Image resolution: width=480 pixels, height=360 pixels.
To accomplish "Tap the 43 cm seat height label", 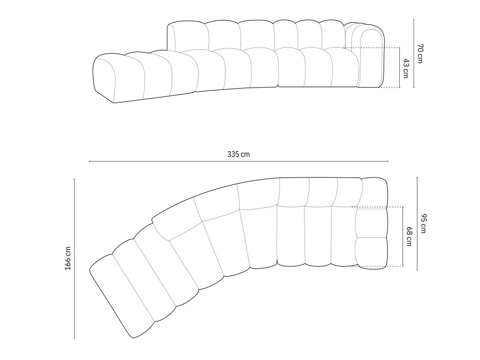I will pyautogui.click(x=405, y=68).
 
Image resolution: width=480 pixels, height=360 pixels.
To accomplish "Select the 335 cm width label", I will pyautogui.click(x=238, y=154).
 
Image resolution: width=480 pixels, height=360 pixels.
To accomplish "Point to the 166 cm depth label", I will pyautogui.click(x=68, y=258).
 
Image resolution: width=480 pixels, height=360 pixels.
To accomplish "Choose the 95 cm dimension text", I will pyautogui.click(x=423, y=223).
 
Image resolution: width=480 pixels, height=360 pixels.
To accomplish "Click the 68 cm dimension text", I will pyautogui.click(x=409, y=236).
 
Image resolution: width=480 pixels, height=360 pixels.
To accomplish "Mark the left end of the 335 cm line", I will pyautogui.click(x=90, y=161).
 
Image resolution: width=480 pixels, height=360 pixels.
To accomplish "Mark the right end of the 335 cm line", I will pyautogui.click(x=388, y=161).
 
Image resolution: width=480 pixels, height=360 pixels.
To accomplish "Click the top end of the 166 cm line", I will pyautogui.click(x=74, y=179).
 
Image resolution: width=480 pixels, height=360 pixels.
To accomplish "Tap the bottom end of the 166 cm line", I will pyautogui.click(x=74, y=338).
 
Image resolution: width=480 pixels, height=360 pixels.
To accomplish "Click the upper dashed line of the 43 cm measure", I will pyautogui.click(x=372, y=48).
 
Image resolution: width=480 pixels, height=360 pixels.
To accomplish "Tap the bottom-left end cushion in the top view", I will pyautogui.click(x=121, y=296).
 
